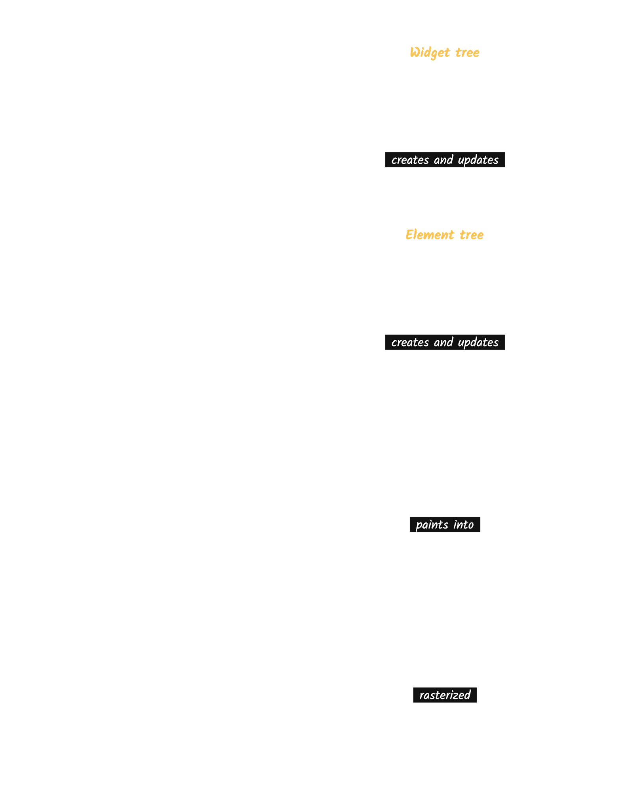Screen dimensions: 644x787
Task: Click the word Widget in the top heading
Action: click(430, 53)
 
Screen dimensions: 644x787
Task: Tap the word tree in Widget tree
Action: click(467, 53)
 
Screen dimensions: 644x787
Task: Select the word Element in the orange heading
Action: click(430, 235)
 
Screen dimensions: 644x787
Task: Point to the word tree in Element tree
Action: click(472, 235)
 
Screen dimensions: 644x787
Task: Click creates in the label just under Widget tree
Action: click(410, 160)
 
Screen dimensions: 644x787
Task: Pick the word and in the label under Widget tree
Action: click(443, 160)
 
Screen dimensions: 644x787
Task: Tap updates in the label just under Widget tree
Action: click(478, 160)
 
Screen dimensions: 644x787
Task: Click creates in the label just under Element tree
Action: click(410, 343)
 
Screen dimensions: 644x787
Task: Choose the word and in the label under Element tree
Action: click(443, 342)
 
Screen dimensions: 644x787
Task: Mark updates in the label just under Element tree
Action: click(478, 343)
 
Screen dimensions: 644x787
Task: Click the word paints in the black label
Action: click(432, 525)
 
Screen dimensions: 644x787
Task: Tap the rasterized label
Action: click(445, 695)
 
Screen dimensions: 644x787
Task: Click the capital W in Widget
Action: click(416, 52)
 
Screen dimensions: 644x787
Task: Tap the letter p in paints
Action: click(419, 527)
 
